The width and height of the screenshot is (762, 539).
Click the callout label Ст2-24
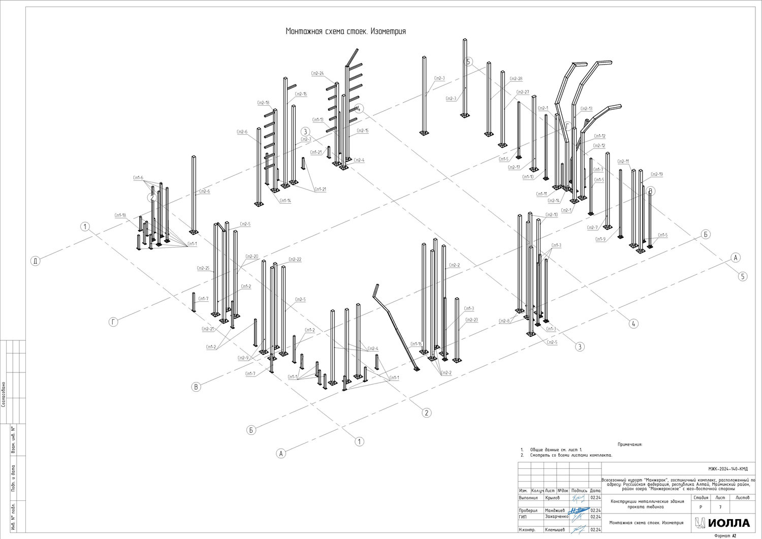pos(317,74)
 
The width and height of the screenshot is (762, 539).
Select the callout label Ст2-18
pos(263,103)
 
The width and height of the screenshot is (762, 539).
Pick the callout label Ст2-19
pos(656,174)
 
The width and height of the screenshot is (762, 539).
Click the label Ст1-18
pos(120,215)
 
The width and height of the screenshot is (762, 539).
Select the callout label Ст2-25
pos(203,268)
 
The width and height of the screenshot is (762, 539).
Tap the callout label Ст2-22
pos(295,260)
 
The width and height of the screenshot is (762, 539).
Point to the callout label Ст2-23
pos(471,320)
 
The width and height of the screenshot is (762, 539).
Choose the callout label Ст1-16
pos(416,344)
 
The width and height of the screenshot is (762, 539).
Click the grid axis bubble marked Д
pos(35,261)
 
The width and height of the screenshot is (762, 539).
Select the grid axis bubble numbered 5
pos(743,276)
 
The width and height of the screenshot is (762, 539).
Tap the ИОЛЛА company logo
pos(722,523)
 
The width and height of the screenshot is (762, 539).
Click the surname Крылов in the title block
pos(552,498)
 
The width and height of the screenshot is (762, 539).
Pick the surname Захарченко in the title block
pos(556,517)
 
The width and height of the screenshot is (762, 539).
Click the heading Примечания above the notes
pos(629,444)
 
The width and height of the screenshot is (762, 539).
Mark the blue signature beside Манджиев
pos(578,510)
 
